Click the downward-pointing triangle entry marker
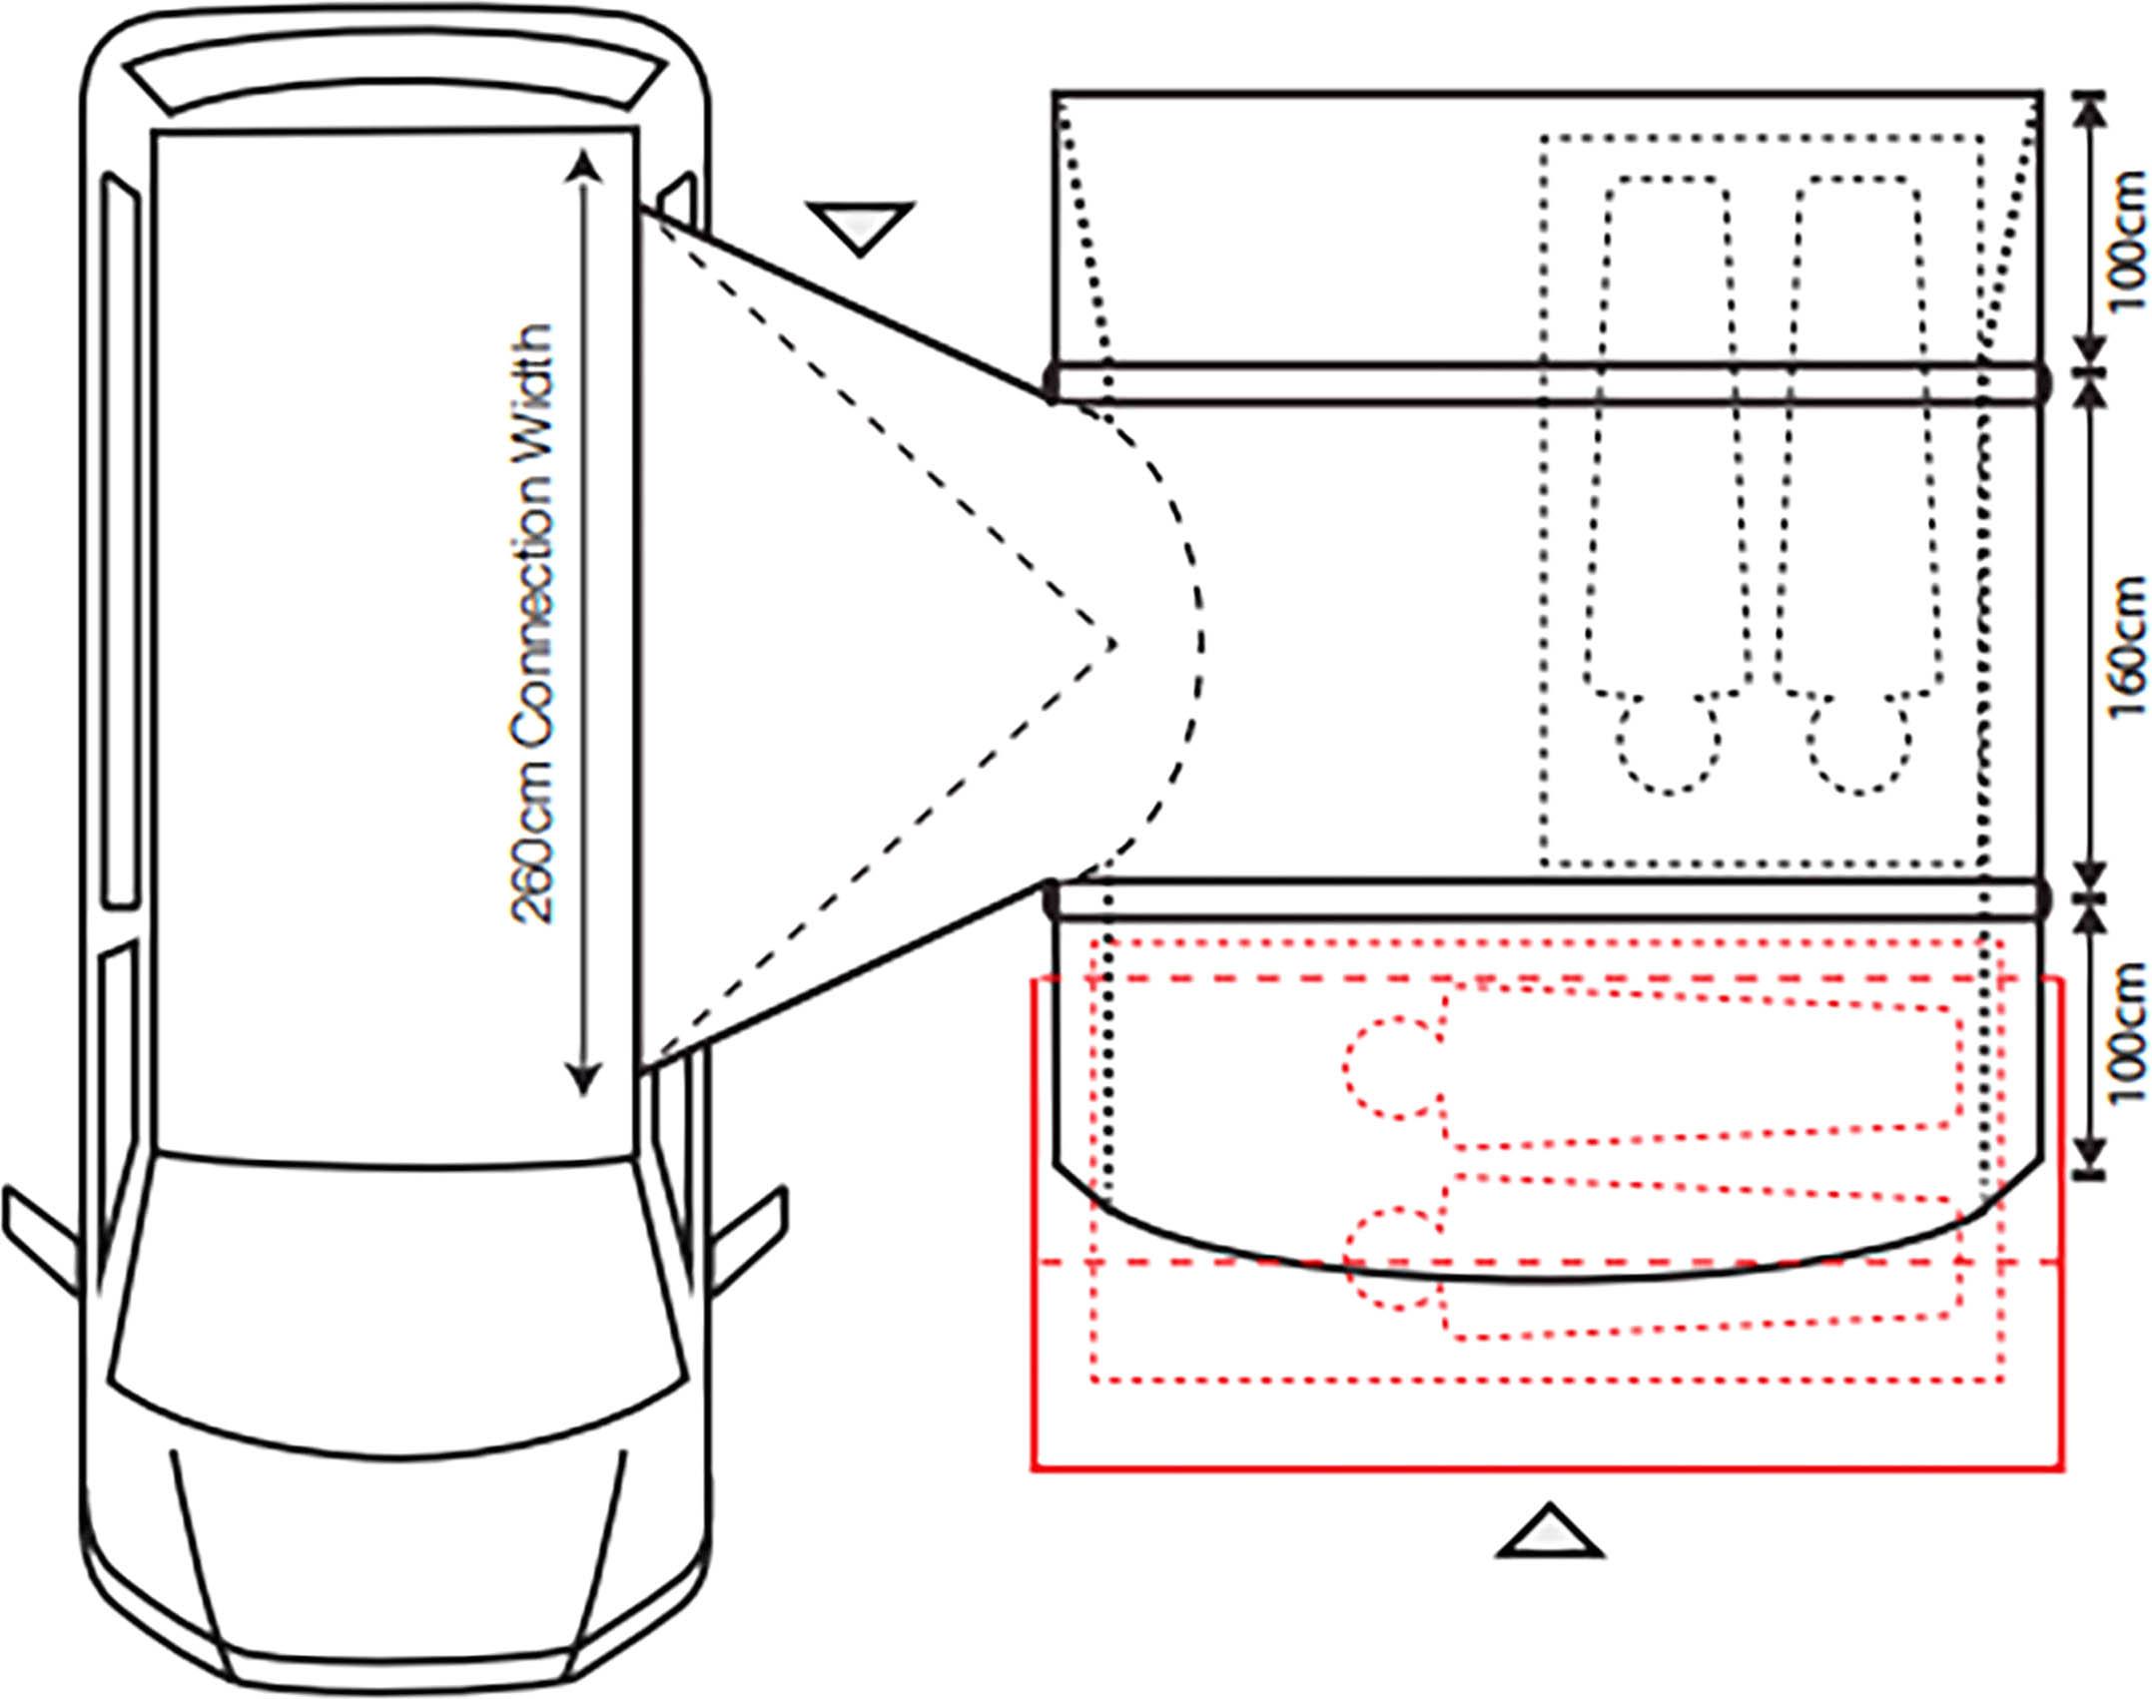[x=860, y=229]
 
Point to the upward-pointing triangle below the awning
[x=1549, y=1530]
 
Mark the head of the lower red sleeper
[x=1393, y=1259]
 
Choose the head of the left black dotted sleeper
[x=1668, y=744]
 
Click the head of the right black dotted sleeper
[x=1857, y=744]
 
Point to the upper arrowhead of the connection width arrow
[x=583, y=167]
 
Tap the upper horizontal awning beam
[x=1546, y=383]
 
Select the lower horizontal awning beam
[x=1546, y=898]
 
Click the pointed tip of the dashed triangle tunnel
[x=1114, y=644]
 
